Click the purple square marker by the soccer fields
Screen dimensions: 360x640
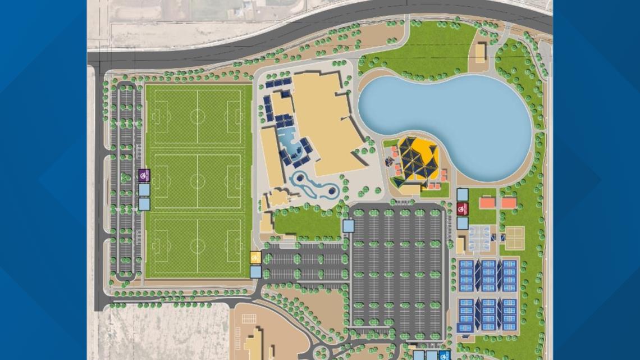[x=144, y=175]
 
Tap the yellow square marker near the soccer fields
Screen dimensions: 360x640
[x=255, y=258]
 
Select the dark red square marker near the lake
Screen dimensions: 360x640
[x=462, y=209]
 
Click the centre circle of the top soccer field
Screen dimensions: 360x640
[x=197, y=117]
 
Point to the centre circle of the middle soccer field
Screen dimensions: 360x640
[x=197, y=181]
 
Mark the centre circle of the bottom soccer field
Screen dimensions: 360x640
[x=197, y=245]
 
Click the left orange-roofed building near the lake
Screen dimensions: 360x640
[x=487, y=202]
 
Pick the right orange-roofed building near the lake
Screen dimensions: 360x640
[x=508, y=202]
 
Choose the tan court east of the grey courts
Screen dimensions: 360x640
[x=514, y=238]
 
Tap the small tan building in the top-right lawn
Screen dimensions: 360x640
[x=480, y=53]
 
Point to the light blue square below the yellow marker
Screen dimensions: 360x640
[x=255, y=272]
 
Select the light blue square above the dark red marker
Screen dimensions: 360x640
[x=462, y=195]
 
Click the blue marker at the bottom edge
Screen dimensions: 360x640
[x=444, y=356]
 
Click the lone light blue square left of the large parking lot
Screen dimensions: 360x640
[x=348, y=226]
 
